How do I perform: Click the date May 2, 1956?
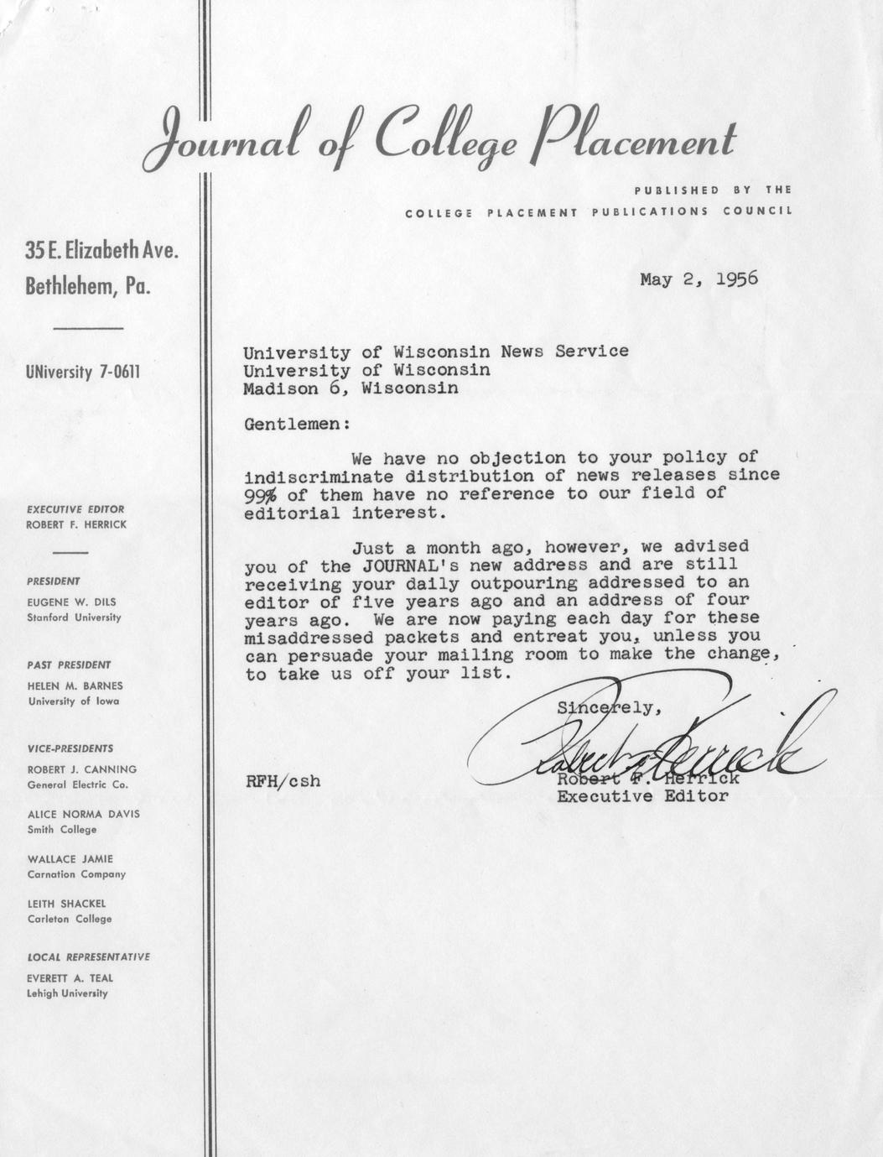click(698, 279)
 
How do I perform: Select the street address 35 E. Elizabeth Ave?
click(102, 251)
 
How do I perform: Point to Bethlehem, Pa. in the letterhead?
click(88, 286)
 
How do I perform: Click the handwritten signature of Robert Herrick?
click(646, 743)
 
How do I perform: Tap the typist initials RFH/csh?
click(283, 781)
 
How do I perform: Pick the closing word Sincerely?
click(609, 707)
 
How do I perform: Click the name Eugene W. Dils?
click(70, 602)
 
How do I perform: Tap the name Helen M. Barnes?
click(75, 685)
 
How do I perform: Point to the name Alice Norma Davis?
click(83, 814)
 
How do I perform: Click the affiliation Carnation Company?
click(76, 874)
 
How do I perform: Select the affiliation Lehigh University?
click(68, 993)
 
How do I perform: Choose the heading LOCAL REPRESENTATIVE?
click(88, 956)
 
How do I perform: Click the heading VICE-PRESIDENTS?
click(70, 748)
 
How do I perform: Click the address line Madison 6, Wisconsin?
click(351, 388)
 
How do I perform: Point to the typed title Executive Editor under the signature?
click(642, 796)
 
